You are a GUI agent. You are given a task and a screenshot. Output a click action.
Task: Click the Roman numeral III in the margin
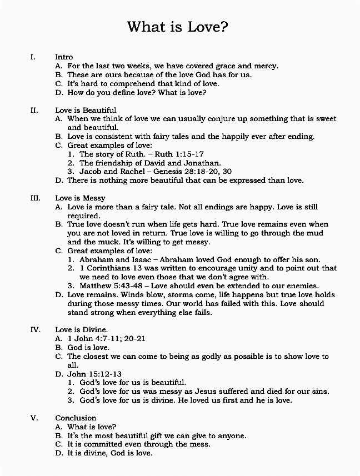click(34, 198)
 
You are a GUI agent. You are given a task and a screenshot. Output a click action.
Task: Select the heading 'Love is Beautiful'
click(86, 110)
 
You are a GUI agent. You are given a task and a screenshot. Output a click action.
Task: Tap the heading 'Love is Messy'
click(80, 198)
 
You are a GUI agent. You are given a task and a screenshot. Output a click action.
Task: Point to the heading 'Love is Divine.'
click(82, 329)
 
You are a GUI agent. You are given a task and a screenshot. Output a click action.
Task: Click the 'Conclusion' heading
click(76, 418)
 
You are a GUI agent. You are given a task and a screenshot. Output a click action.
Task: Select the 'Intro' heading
click(64, 57)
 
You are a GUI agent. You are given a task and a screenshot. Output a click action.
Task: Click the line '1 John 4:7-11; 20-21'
click(107, 339)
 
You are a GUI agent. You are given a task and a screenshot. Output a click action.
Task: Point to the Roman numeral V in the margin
click(33, 418)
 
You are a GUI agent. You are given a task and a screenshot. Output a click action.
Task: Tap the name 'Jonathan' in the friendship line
click(202, 163)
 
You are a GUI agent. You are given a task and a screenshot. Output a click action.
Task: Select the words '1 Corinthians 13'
click(109, 268)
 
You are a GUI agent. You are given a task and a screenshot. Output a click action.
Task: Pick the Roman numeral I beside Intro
click(33, 57)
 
